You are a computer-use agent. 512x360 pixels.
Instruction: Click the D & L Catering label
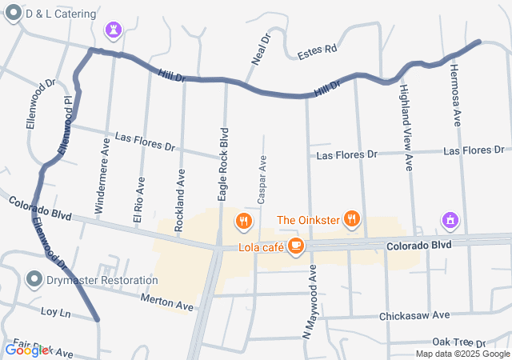pyautogui.click(x=61, y=14)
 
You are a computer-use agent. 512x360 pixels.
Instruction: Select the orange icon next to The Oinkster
pyautogui.click(x=350, y=218)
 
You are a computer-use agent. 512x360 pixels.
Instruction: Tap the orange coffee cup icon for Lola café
pyautogui.click(x=296, y=246)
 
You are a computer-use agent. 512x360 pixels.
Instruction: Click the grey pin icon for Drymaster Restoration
pyautogui.click(x=34, y=279)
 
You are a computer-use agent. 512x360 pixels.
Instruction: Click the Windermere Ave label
pyautogui.click(x=102, y=177)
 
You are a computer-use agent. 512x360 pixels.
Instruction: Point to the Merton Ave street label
pyautogui.click(x=167, y=303)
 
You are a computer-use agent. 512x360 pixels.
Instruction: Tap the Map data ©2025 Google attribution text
pyautogui.click(x=462, y=354)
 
